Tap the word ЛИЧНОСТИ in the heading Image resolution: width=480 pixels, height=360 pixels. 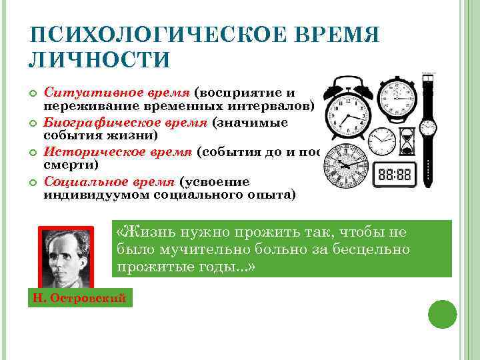point(99,59)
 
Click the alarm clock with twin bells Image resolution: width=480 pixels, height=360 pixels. point(347,110)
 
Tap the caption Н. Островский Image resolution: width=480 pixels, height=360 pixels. point(79,298)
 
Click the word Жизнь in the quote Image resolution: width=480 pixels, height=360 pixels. point(147,232)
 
